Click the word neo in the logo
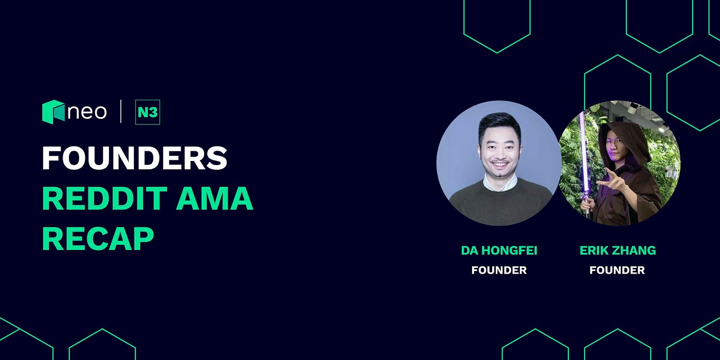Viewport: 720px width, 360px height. click(87, 112)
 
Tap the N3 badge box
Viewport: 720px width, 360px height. click(148, 112)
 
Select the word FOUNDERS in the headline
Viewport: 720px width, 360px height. click(134, 158)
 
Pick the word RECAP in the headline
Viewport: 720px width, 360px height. click(98, 238)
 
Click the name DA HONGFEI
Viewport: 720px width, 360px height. click(499, 251)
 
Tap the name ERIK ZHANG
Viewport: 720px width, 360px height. click(618, 251)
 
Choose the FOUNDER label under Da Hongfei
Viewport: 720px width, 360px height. click(499, 270)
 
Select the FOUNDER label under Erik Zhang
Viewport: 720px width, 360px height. click(617, 270)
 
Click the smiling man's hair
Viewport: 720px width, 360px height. click(498, 123)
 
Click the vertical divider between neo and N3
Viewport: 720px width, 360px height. click(121, 112)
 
